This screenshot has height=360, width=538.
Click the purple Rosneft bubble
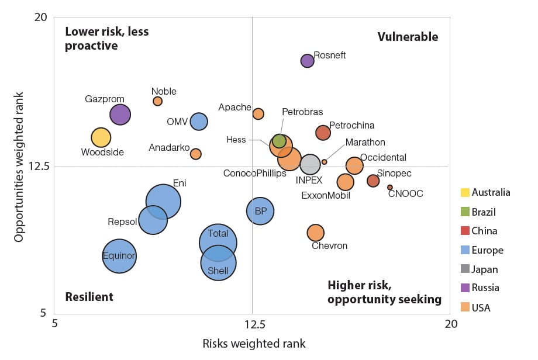308,61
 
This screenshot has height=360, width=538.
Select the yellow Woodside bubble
101,137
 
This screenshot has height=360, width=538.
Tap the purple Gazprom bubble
120,115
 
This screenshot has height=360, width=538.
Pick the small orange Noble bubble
158,101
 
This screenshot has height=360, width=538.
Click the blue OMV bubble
199,122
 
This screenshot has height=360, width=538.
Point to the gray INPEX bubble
310,165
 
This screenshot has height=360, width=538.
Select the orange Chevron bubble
316,233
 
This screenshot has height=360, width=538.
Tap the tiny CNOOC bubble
390,188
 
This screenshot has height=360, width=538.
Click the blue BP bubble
260,210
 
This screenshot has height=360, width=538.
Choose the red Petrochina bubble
323,133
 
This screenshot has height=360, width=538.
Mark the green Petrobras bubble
280,141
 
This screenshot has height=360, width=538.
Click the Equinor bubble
119,255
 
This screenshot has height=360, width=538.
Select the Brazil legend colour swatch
465,212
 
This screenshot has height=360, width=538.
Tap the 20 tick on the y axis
40,18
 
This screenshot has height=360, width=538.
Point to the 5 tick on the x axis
55,323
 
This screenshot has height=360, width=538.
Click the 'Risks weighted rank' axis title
254,344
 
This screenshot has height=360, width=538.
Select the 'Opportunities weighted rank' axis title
19,167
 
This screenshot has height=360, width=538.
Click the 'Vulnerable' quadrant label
408,37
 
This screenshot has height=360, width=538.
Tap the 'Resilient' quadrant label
89,297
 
